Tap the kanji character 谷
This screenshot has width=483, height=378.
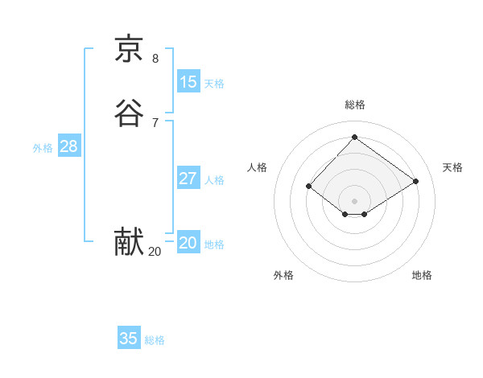(x=129, y=113)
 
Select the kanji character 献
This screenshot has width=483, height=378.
(x=129, y=242)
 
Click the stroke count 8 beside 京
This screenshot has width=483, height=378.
(x=155, y=59)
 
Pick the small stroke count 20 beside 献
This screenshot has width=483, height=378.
(x=155, y=252)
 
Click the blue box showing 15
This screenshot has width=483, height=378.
(x=188, y=82)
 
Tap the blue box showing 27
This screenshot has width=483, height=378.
(x=188, y=179)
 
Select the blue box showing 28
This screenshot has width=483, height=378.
(x=68, y=146)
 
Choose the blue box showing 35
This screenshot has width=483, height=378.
(x=129, y=339)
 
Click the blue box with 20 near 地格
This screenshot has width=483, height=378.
(x=188, y=243)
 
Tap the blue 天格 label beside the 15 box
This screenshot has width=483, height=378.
(x=214, y=84)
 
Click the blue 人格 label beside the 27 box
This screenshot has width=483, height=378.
(x=215, y=180)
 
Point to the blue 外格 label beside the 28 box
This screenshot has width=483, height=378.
(x=43, y=148)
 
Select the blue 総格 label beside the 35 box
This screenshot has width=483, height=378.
(x=155, y=340)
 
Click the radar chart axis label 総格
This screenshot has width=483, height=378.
(x=355, y=105)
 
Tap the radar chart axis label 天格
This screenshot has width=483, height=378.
(x=453, y=167)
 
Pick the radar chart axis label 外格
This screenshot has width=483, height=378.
(x=283, y=275)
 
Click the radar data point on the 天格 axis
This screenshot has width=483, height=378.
(x=415, y=181)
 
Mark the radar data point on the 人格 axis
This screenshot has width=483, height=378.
(x=309, y=186)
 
